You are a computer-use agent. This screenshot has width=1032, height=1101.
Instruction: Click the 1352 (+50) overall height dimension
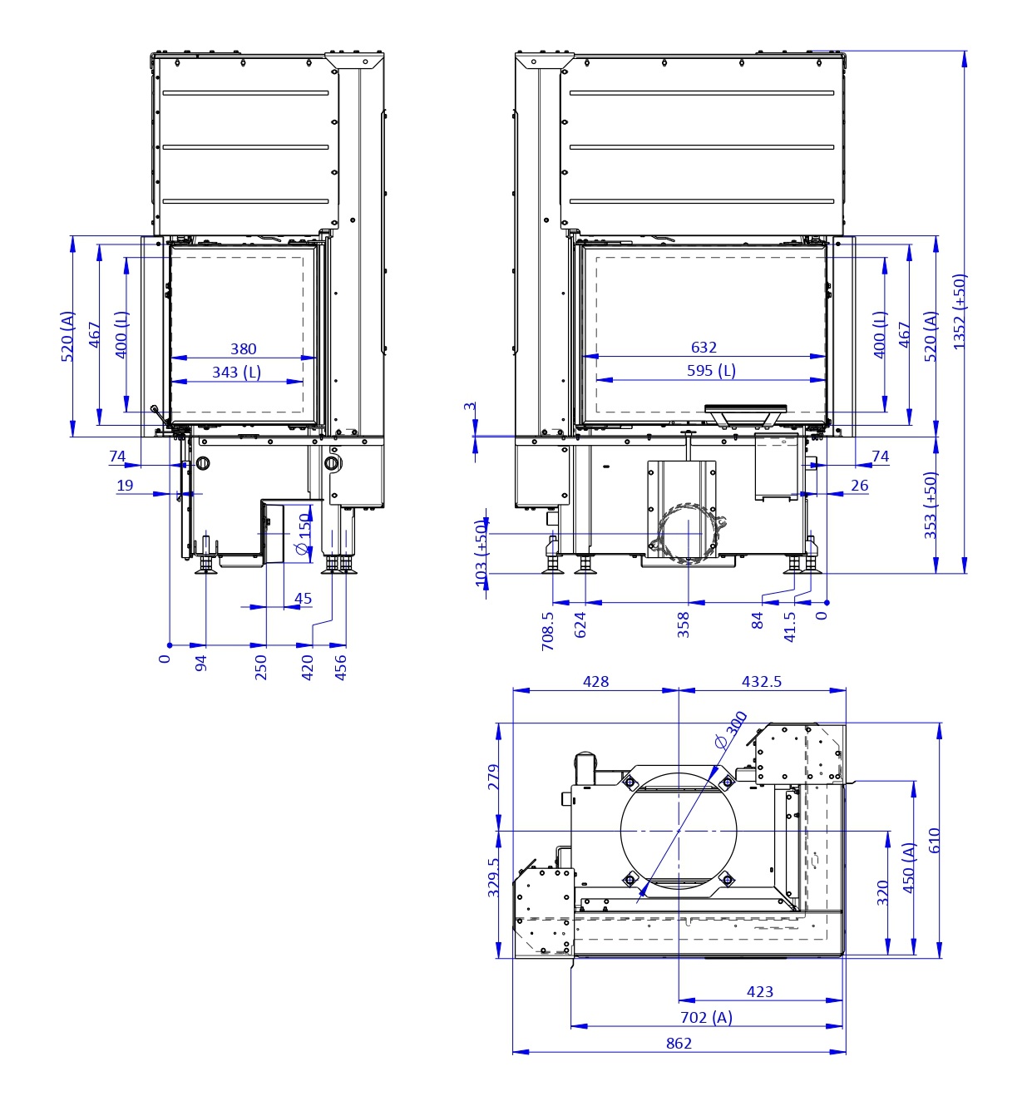point(960,312)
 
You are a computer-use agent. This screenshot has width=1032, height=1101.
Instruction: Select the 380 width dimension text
point(244,348)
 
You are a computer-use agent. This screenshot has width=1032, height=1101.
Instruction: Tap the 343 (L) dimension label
point(236,372)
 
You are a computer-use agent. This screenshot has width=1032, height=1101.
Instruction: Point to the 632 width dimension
point(704,347)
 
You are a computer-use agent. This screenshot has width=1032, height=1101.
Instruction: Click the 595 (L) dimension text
point(712,370)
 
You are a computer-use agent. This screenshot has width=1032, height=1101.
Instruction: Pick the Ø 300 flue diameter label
point(731,729)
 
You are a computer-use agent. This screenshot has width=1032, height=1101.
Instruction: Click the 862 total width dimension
point(679,1044)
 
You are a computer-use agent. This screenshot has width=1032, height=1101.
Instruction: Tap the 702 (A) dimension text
point(707,1017)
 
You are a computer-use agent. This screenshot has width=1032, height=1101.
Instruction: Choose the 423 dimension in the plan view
point(760,992)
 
